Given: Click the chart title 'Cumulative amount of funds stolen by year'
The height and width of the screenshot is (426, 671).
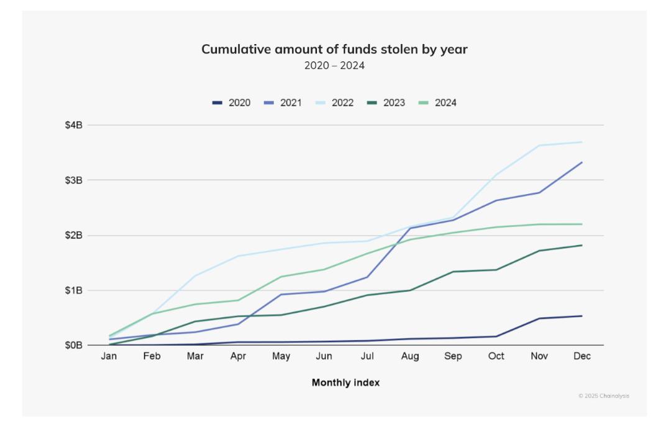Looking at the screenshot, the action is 334,49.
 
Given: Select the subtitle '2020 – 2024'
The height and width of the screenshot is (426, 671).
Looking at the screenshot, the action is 334,65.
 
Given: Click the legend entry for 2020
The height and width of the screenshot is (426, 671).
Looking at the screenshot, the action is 231,103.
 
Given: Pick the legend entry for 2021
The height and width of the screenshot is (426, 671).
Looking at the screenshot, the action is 283,103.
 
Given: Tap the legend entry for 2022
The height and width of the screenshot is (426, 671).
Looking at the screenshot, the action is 334,103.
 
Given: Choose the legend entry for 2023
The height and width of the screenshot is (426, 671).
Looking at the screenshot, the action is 386,103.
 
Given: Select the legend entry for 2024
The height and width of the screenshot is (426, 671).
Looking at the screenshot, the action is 437,103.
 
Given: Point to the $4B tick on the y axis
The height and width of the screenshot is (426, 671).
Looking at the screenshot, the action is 73,125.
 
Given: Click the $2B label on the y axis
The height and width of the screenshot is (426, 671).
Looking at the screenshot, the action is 73,235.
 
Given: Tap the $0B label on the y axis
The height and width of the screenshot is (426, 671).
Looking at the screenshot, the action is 73,345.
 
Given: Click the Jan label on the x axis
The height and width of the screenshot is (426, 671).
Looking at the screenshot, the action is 109,356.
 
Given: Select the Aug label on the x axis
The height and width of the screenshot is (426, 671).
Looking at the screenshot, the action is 410,356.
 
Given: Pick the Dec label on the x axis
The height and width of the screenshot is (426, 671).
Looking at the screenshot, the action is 582,356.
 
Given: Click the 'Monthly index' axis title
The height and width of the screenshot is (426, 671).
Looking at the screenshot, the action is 346,382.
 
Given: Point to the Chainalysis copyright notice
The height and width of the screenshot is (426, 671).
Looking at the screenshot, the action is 604,396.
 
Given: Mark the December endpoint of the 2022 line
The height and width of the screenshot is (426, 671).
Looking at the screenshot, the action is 582,142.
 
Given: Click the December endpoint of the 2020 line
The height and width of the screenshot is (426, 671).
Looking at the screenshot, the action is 582,316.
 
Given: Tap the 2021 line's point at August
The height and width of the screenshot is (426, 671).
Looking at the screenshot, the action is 410,228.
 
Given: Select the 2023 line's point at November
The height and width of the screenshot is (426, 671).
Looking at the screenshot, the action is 539,251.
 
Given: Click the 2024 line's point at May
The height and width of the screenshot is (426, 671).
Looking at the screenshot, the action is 281,277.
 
